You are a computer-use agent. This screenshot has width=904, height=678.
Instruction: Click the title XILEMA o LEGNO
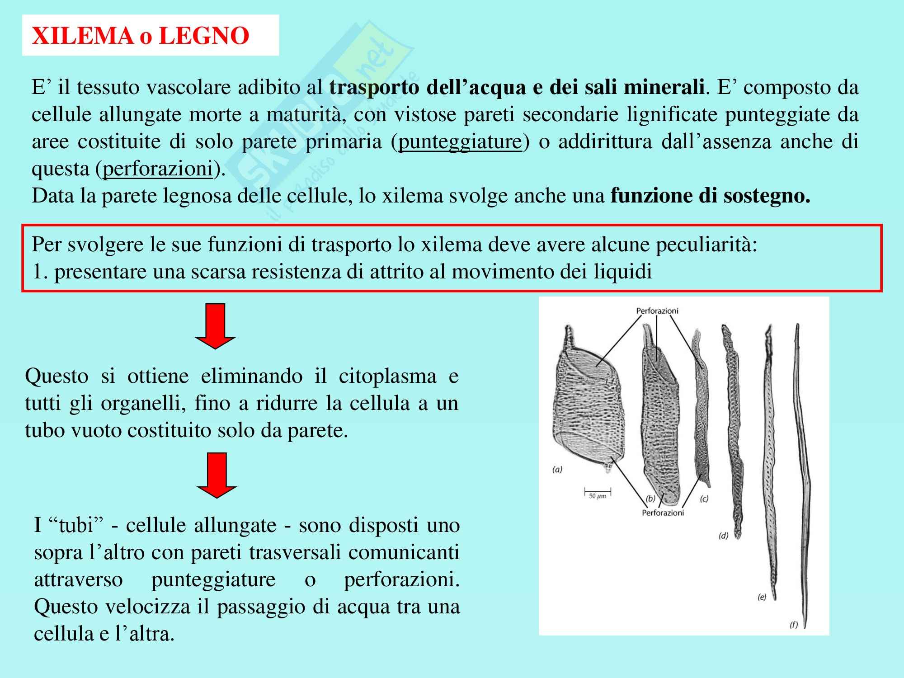(x=141, y=36)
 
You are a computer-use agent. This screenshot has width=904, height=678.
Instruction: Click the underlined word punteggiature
(x=460, y=142)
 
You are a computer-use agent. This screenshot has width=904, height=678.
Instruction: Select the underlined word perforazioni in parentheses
(x=158, y=169)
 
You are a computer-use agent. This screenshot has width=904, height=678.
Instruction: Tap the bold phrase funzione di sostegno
(x=710, y=196)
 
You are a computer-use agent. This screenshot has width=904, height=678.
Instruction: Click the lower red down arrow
(x=217, y=475)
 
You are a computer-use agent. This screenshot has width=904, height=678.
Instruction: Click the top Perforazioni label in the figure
(x=657, y=311)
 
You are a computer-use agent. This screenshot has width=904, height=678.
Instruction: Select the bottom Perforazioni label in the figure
(x=663, y=513)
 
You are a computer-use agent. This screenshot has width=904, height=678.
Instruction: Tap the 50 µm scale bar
(x=598, y=491)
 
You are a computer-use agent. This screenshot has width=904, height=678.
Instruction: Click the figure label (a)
(x=557, y=470)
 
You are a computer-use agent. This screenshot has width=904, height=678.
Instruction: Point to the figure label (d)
(x=724, y=536)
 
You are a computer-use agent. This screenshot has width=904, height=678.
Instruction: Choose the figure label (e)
(x=762, y=597)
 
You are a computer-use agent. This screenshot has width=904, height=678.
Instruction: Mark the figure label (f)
(x=794, y=625)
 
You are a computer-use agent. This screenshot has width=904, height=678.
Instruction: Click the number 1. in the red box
(x=39, y=272)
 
